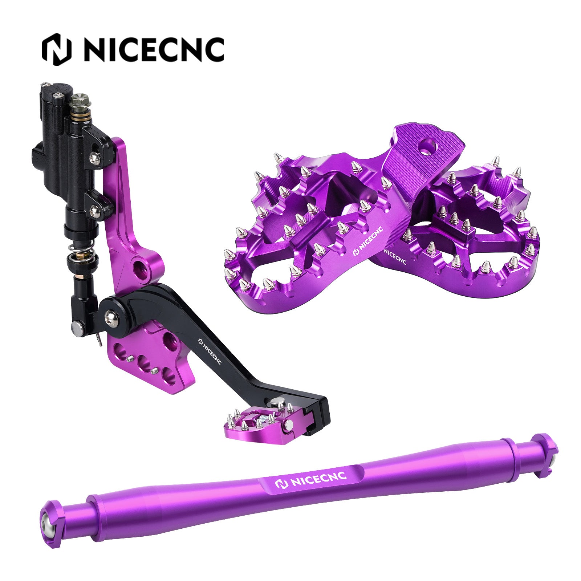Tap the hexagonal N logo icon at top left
tap(56, 49)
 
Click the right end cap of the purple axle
tap(545, 454)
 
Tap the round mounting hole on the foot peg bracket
tap(427, 147)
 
